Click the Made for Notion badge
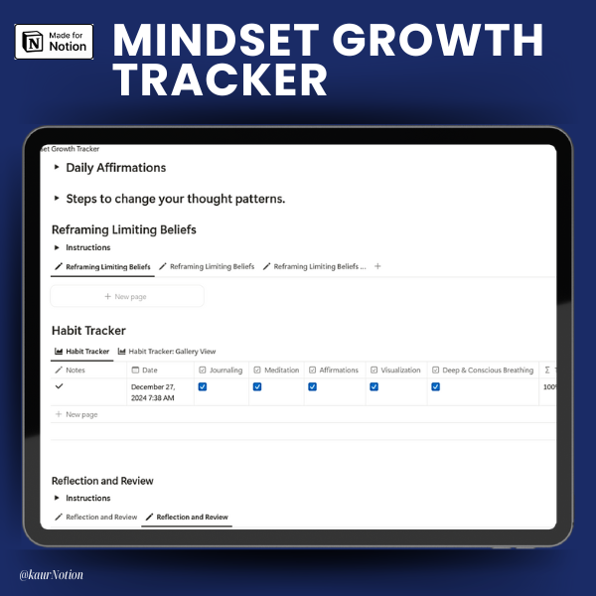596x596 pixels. [x=54, y=42]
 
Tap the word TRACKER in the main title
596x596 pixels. [x=221, y=79]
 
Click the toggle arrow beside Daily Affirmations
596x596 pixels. [x=57, y=167]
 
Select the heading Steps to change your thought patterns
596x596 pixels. [x=176, y=199]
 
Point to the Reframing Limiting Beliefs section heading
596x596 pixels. [x=124, y=229]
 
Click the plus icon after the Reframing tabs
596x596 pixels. [x=377, y=266]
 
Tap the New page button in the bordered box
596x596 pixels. [x=127, y=296]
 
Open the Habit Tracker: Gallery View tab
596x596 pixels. [x=167, y=352]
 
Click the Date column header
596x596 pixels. [x=144, y=370]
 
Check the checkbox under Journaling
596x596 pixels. [x=203, y=386]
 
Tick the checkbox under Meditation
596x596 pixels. [x=257, y=386]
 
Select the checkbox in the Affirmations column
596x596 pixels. [x=313, y=386]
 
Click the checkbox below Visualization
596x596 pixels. [x=374, y=386]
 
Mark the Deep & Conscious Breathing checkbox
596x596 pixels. [x=436, y=386]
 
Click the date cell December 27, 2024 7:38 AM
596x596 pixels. [x=153, y=392]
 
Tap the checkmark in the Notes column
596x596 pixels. [x=59, y=386]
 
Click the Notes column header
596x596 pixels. [x=71, y=370]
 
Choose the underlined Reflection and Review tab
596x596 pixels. [x=187, y=517]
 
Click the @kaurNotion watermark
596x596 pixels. [x=52, y=575]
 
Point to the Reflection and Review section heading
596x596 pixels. [x=102, y=481]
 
